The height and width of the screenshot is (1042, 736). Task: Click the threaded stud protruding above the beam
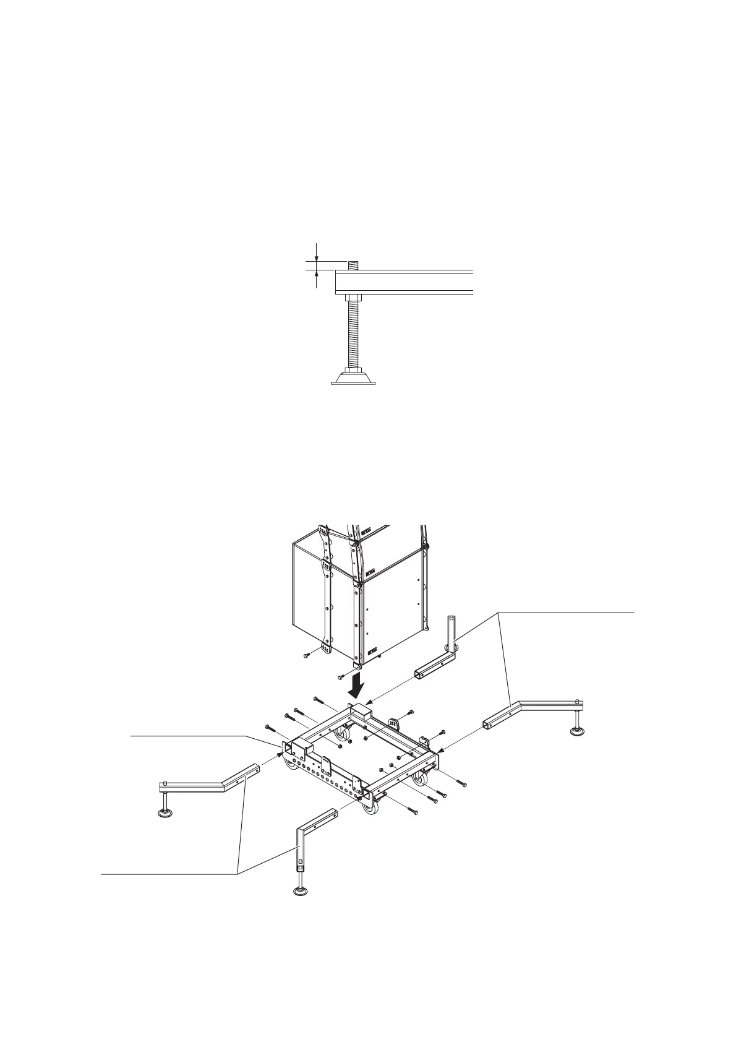[x=353, y=265]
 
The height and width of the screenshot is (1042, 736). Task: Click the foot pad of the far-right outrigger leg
[x=578, y=733]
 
